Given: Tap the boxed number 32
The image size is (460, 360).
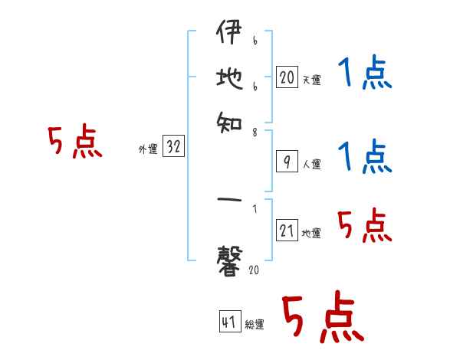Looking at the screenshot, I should pyautogui.click(x=173, y=148).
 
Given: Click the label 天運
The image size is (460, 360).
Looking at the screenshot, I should pyautogui.click(x=311, y=80).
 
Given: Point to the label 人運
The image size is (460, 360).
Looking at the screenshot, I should pyautogui.click(x=311, y=164).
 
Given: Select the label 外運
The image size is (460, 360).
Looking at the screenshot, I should pyautogui.click(x=147, y=150).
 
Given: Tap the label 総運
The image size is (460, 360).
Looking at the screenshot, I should pyautogui.click(x=254, y=325).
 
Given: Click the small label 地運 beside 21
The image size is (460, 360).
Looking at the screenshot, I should pyautogui.click(x=311, y=233).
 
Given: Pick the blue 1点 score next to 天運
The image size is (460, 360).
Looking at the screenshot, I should pyautogui.click(x=365, y=74).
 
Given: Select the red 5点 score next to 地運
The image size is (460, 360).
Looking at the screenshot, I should pyautogui.click(x=365, y=225).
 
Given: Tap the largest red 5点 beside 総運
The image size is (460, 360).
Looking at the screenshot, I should pyautogui.click(x=321, y=318).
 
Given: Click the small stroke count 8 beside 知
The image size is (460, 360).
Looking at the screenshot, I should pyautogui.click(x=255, y=133).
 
